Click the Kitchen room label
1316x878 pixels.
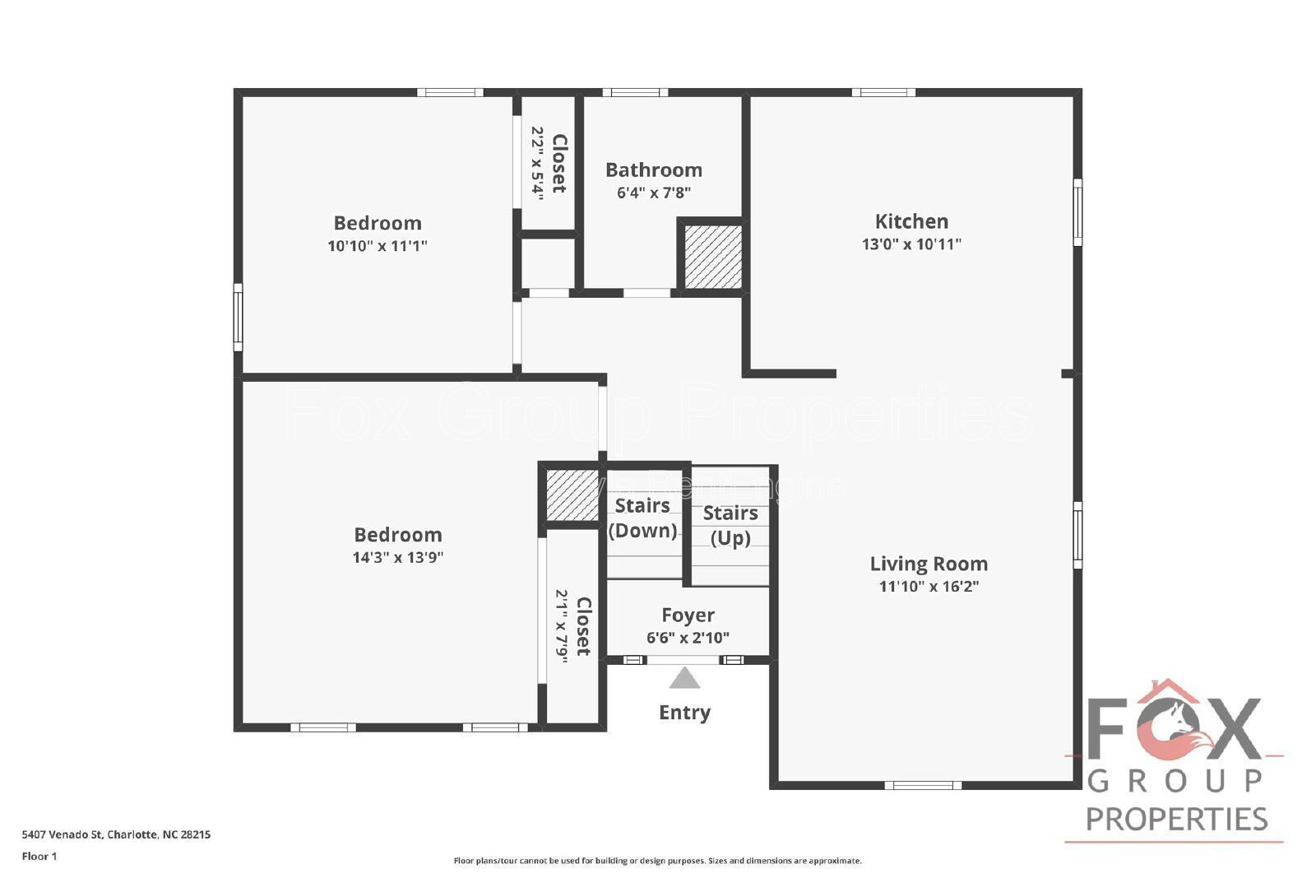911,221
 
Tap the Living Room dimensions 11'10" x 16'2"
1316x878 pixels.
929,587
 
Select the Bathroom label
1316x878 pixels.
654,170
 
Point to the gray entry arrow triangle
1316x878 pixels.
684,679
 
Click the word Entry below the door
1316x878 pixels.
684,713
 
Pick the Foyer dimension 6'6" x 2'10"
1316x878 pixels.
688,638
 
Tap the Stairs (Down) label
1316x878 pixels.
642,518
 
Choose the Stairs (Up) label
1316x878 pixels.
730,525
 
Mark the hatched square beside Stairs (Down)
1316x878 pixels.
572,495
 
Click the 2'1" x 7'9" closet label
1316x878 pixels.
573,625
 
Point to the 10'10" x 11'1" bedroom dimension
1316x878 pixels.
378,245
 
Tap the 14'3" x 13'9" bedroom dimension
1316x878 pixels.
398,557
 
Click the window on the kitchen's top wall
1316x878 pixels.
883,92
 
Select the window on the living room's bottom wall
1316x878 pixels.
923,785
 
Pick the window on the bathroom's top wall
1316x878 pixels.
635,92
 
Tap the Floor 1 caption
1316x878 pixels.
39,857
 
